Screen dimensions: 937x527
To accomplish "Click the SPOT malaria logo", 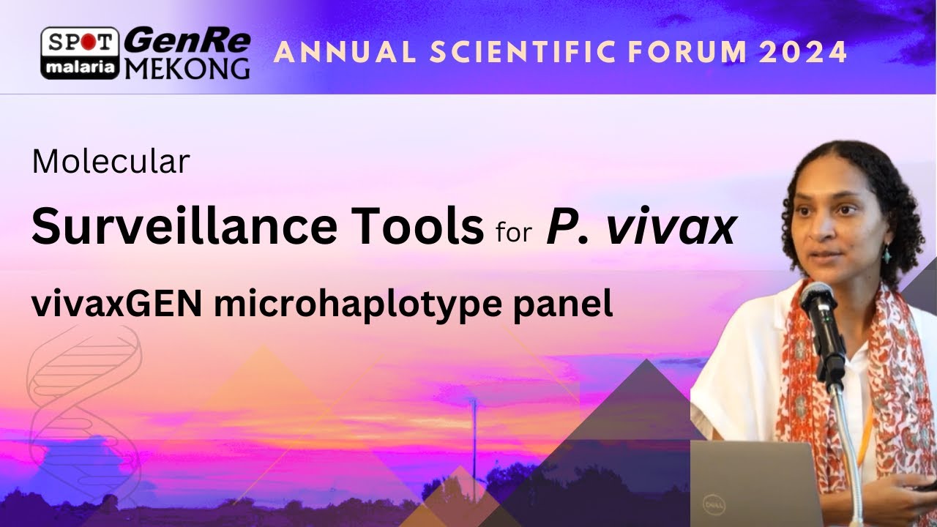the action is pyautogui.click(x=80, y=53).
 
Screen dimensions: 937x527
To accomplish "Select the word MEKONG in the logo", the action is pyautogui.click(x=187, y=69).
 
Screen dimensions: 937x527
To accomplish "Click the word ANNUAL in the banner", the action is pyautogui.click(x=345, y=52).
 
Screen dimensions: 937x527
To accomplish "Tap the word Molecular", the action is pyautogui.click(x=111, y=162).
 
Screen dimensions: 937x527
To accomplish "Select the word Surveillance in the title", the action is pyautogui.click(x=184, y=226).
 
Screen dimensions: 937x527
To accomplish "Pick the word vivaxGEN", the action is pyautogui.click(x=117, y=303).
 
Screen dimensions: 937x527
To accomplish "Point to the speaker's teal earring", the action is pyautogui.click(x=886, y=254).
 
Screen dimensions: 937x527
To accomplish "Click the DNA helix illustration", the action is pyautogui.click(x=83, y=414).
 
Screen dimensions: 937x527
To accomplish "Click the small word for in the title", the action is pyautogui.click(x=514, y=232).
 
